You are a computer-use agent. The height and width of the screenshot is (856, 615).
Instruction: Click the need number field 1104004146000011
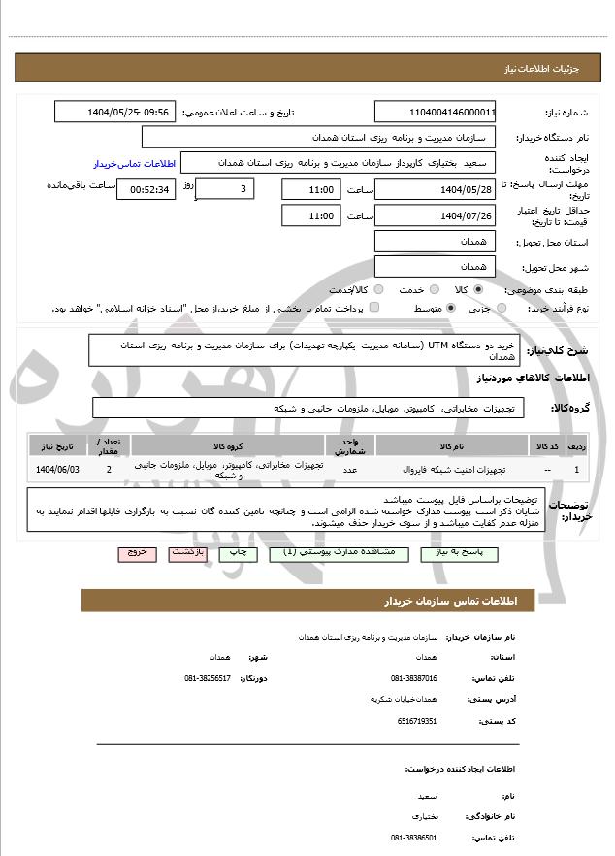tap(435, 112)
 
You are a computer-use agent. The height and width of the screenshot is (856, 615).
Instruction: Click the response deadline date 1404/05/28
tap(435, 189)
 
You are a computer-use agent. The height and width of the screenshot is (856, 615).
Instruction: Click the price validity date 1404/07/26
tap(435, 215)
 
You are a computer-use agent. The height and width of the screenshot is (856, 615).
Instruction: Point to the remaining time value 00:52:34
tap(147, 189)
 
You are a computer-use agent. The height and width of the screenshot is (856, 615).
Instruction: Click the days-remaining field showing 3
tap(225, 189)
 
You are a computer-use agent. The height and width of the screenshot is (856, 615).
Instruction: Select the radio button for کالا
tap(478, 289)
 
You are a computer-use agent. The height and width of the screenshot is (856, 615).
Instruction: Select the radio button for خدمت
tap(432, 289)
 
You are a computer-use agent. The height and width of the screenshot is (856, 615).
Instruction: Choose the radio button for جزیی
tap(502, 308)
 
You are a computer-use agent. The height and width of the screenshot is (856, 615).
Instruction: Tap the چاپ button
tap(238, 553)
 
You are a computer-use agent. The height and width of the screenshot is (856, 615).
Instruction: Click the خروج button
tap(137, 553)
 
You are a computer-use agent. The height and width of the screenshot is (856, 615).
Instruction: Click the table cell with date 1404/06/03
tap(57, 470)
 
